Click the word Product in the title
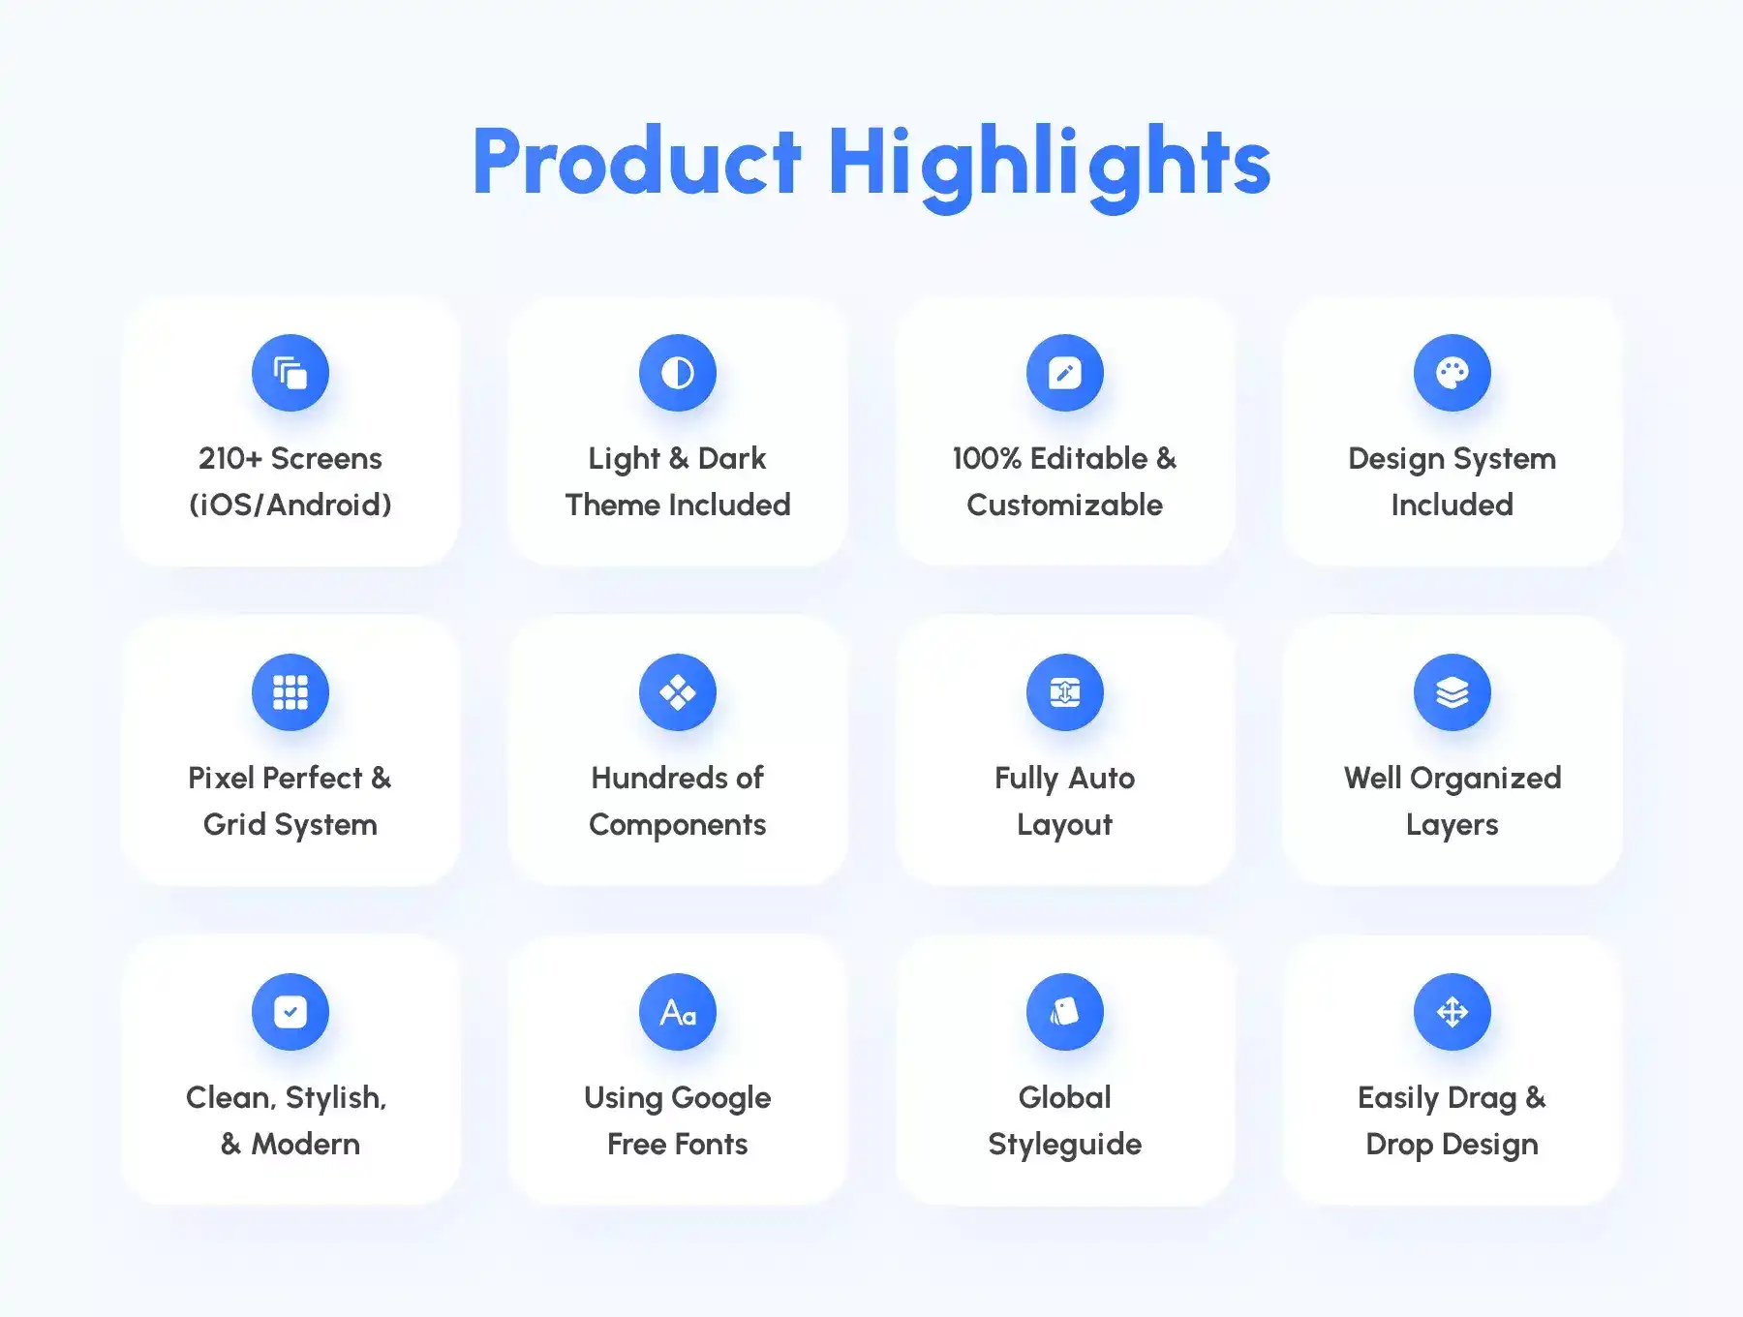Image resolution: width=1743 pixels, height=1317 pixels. (x=636, y=162)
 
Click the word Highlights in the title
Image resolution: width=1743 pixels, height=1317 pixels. (x=1049, y=168)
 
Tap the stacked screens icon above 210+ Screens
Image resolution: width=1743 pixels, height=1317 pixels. (x=290, y=373)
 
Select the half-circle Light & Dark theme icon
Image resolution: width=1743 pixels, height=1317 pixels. (x=678, y=373)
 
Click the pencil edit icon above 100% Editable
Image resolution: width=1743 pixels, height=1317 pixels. (x=1065, y=373)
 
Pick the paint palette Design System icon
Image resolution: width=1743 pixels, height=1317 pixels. (x=1452, y=373)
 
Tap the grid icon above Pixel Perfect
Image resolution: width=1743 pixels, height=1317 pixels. (x=290, y=692)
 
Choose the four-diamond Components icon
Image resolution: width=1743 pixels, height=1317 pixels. (x=678, y=692)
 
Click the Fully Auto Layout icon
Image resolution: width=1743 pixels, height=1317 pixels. (x=1065, y=692)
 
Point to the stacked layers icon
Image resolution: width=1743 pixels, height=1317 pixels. (x=1452, y=692)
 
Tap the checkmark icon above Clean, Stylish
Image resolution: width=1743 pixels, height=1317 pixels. (x=290, y=1012)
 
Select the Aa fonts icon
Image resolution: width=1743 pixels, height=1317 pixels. (x=678, y=1012)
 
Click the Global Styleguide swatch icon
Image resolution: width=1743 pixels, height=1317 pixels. (x=1065, y=1012)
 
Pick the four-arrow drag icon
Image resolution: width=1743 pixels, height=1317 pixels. (x=1452, y=1012)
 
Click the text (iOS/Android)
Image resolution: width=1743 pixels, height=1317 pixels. (x=290, y=505)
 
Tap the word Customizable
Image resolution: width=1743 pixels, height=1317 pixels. (x=1065, y=505)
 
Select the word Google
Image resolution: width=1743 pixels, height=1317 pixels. (x=721, y=1099)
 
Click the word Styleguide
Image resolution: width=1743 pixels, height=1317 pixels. (x=1065, y=1146)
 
